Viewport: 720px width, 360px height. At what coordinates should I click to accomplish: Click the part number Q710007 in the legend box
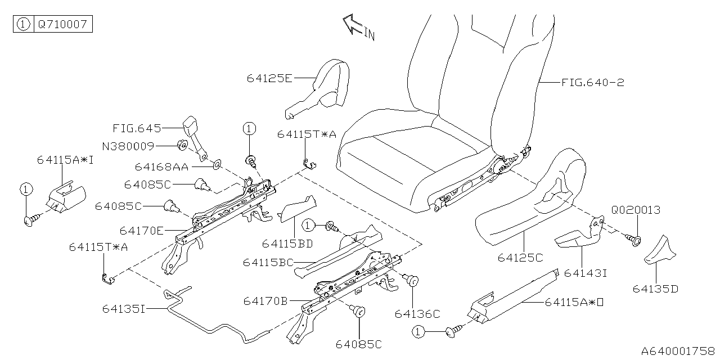(x=61, y=25)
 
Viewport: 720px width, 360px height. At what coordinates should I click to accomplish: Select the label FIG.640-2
(x=592, y=83)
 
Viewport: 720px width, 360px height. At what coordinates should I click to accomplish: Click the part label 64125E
(x=269, y=78)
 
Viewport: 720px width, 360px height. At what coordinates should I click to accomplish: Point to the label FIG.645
(x=137, y=128)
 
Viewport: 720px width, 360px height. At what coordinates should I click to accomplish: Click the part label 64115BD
(x=287, y=244)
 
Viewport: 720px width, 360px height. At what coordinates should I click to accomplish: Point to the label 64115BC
(x=268, y=263)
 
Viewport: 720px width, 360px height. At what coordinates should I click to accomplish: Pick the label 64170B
(x=266, y=301)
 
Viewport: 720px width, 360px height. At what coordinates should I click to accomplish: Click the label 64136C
(x=417, y=314)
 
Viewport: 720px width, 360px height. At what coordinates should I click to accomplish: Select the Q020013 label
(x=636, y=210)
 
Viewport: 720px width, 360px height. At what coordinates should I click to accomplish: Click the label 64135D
(x=655, y=289)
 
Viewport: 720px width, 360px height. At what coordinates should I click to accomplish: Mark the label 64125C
(x=520, y=258)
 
